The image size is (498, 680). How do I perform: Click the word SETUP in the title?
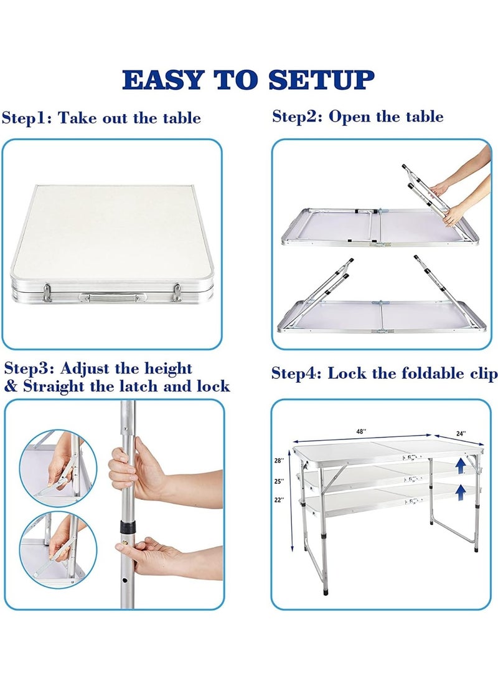(x=324, y=80)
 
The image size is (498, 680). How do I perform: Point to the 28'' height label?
(x=278, y=461)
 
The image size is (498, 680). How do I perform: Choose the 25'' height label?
(x=278, y=481)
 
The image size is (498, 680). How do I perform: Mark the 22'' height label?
(x=278, y=500)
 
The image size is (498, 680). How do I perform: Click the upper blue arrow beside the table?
(x=460, y=466)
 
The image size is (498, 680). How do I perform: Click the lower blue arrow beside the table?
(x=460, y=492)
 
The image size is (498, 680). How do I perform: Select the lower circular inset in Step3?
(x=55, y=549)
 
